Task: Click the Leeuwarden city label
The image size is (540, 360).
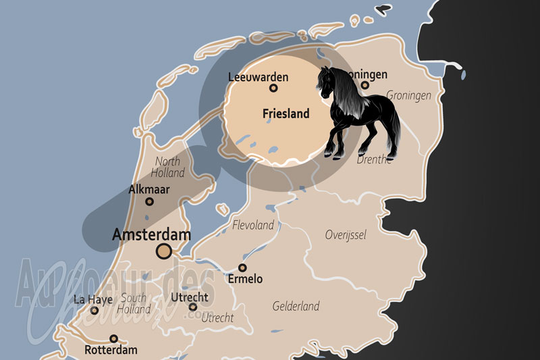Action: click(x=258, y=77)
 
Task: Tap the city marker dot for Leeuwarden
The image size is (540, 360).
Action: click(x=273, y=88)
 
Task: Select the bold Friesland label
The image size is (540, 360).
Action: click(x=286, y=114)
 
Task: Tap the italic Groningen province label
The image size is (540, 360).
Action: click(x=408, y=95)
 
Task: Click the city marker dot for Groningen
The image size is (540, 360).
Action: click(x=365, y=85)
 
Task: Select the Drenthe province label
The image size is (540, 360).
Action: click(x=375, y=159)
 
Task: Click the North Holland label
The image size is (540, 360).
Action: click(x=167, y=167)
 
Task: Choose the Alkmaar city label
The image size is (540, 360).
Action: click(x=149, y=190)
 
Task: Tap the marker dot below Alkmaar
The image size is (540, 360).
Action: click(x=149, y=201)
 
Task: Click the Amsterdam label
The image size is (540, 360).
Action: click(x=151, y=235)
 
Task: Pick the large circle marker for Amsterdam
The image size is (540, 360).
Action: click(x=163, y=252)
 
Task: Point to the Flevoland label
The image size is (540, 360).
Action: click(x=253, y=225)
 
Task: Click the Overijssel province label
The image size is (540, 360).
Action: click(x=345, y=235)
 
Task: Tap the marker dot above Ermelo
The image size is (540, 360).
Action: click(x=242, y=267)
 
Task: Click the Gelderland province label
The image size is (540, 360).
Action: click(x=296, y=306)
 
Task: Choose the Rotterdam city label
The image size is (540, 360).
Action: click(x=111, y=350)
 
